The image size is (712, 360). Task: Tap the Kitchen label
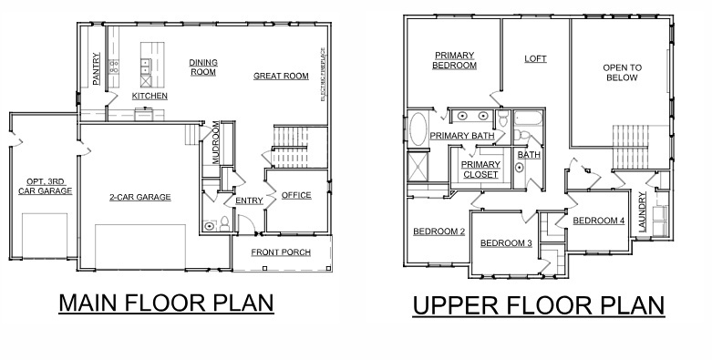[x=150, y=96]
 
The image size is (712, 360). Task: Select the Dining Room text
[x=203, y=67]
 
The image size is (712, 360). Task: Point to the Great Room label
[x=281, y=77]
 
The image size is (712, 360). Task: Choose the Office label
[x=296, y=195]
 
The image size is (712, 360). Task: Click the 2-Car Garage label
[x=140, y=197]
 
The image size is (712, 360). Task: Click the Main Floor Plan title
[x=166, y=303]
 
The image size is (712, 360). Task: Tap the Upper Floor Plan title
[x=538, y=305]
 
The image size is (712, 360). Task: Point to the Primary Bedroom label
[x=455, y=60]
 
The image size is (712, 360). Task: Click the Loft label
[x=535, y=59]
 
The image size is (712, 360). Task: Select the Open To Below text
[x=622, y=73]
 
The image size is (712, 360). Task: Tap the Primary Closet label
[x=480, y=169]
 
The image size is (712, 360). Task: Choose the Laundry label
[x=643, y=211]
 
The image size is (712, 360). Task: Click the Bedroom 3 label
[x=506, y=243]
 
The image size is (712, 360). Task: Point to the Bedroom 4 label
[x=598, y=221]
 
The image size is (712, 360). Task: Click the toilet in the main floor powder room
[x=211, y=225]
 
